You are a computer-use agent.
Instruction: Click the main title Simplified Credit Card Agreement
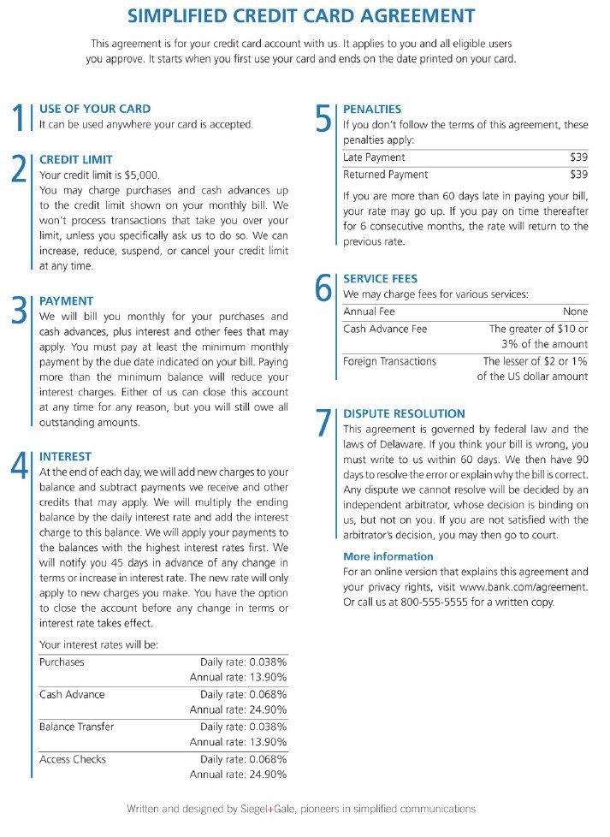301,16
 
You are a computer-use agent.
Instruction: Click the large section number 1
19,119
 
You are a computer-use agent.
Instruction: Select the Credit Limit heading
76,159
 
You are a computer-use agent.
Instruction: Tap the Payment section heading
66,301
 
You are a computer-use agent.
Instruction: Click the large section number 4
19,466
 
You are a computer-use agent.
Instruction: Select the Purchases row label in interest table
62,662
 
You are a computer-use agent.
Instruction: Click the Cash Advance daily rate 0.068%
265,695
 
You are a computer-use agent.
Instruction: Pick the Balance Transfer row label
76,727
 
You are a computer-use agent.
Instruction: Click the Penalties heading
371,109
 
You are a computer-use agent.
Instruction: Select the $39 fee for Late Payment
578,157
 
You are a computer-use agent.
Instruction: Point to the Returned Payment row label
385,175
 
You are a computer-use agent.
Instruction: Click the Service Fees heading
380,279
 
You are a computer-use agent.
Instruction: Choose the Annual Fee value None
575,312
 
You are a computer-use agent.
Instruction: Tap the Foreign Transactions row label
389,361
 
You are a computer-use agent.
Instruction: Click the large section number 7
323,424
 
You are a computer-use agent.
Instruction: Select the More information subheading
388,556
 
